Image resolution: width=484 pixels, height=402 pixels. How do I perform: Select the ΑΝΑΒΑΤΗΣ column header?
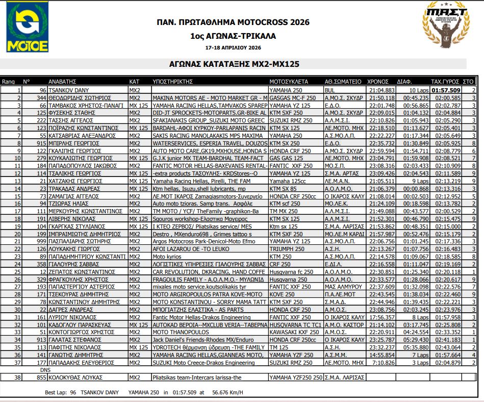tap(62, 81)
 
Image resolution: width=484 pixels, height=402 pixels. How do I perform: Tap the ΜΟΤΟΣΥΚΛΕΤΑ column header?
tap(289, 81)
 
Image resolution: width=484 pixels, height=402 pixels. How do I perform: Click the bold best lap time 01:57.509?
tap(446, 90)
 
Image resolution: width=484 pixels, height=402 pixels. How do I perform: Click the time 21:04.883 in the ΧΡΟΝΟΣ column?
tap(381, 90)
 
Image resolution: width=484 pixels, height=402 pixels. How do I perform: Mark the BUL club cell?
tap(330, 90)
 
